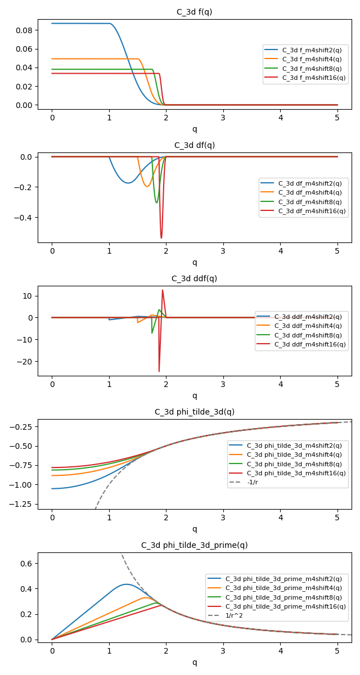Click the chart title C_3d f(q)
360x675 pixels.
click(195, 12)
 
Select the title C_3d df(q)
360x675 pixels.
click(195, 145)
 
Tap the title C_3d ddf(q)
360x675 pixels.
click(195, 278)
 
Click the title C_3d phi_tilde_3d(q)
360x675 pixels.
click(195, 412)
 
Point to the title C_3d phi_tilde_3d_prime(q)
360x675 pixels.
click(195, 545)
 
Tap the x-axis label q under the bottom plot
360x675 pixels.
click(195, 662)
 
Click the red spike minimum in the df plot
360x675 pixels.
click(161, 238)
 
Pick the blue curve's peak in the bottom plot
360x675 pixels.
click(126, 584)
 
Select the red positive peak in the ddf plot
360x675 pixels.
click(163, 290)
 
